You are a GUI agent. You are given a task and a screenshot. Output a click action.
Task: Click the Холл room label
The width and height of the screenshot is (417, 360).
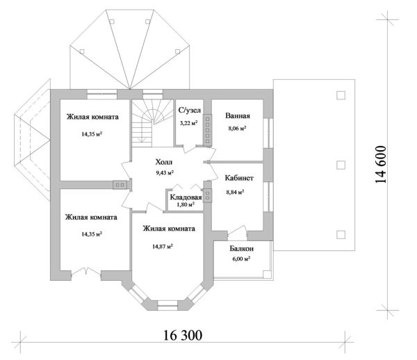tap(165, 161)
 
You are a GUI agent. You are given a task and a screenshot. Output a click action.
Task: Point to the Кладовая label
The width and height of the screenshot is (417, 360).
tap(186, 197)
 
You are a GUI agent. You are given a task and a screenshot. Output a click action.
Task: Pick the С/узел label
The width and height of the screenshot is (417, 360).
tap(190, 110)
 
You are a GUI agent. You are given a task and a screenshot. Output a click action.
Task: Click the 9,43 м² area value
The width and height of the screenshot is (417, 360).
tap(165, 172)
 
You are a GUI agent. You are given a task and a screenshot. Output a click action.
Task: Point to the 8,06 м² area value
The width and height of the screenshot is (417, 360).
tap(237, 129)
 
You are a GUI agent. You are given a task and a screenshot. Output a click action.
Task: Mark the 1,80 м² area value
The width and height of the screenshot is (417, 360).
tap(186, 206)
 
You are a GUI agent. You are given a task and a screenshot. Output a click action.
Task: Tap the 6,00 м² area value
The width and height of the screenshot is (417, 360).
tap(240, 259)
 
